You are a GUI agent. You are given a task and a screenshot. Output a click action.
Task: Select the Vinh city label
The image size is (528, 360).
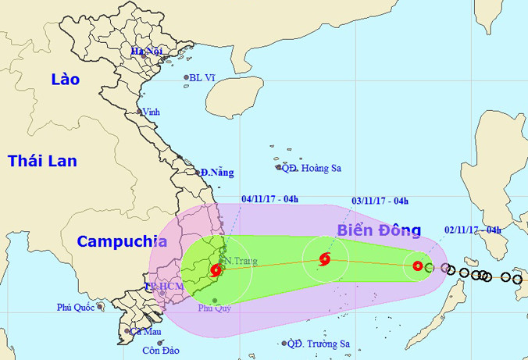pyautogui.click(x=151, y=112)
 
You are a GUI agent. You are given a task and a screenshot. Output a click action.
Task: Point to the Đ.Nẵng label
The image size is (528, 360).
pyautogui.click(x=216, y=172)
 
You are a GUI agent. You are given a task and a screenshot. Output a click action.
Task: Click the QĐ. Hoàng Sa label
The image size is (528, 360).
pyautogui.click(x=312, y=167)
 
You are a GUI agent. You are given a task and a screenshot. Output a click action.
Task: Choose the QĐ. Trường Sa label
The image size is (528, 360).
pyautogui.click(x=319, y=344)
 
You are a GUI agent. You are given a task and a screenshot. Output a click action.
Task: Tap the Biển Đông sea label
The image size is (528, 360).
pyautogui.click(x=379, y=230)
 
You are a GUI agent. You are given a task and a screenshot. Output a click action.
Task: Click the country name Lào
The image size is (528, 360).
pyautogui.click(x=66, y=79)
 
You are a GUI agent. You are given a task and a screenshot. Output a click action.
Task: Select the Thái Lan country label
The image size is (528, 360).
pyautogui.click(x=42, y=161)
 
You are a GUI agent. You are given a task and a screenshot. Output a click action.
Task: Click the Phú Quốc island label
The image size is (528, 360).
pyautogui.click(x=76, y=308)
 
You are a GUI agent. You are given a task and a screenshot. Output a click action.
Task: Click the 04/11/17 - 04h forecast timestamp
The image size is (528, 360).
pyautogui.click(x=269, y=200)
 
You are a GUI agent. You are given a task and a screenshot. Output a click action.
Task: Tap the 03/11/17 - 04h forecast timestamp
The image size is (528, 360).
pyautogui.click(x=380, y=201)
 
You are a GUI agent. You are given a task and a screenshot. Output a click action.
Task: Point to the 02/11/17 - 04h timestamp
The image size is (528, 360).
pyautogui.click(x=473, y=229)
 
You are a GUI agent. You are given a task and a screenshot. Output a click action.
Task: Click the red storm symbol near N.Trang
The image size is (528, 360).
pyautogui.click(x=216, y=270)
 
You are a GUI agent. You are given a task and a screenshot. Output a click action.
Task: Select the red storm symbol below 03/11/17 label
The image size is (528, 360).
pyautogui.click(x=325, y=259)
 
